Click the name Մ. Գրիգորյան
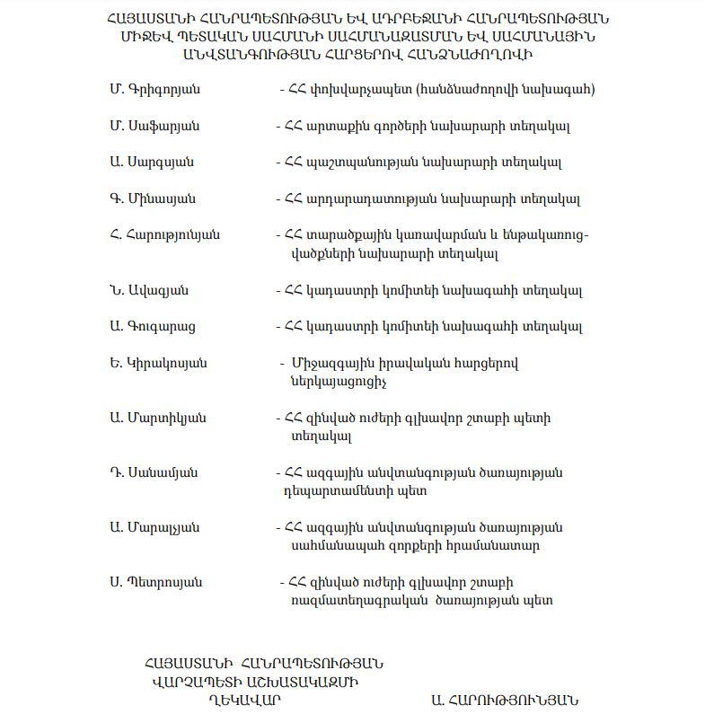[x=154, y=90]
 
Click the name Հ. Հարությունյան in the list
[x=164, y=235]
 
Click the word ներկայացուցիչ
[x=337, y=382]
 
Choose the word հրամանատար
[x=495, y=545]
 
